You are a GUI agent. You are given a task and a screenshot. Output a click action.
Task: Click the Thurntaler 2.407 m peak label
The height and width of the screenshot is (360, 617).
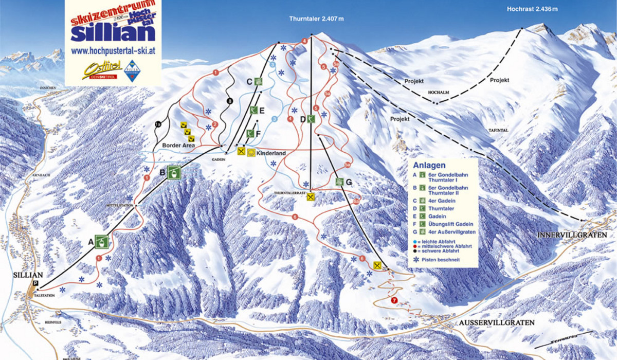click(x=316, y=20)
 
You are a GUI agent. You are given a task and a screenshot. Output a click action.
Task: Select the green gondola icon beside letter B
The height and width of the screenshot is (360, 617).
click(x=175, y=172)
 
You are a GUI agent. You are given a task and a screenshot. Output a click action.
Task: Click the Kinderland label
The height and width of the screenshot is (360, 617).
click(x=270, y=153)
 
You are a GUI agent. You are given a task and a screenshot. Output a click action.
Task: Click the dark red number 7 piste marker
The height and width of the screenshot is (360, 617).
click(x=394, y=300)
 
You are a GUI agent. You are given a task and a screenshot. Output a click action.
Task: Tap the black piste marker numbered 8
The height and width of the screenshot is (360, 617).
click(x=230, y=100)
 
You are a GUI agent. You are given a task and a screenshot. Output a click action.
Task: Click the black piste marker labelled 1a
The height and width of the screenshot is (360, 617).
click(x=158, y=123)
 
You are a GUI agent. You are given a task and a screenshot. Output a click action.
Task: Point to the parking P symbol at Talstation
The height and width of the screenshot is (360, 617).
click(x=35, y=283)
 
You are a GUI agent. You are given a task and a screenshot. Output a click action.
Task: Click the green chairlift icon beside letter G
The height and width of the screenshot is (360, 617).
click(x=339, y=182)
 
